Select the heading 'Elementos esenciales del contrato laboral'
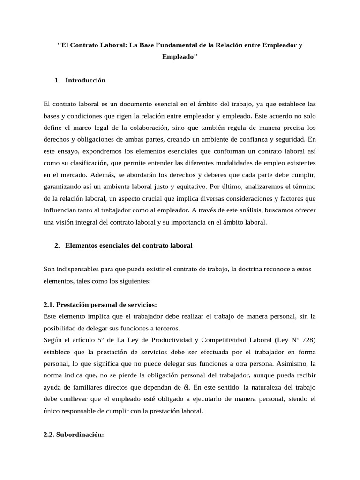(129, 245)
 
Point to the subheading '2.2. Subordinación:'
(73, 435)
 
